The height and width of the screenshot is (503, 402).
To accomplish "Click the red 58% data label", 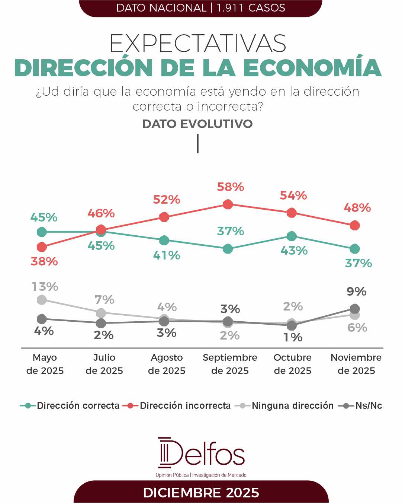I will click(231, 187).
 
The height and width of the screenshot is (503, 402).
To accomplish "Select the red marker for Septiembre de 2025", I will click(228, 204).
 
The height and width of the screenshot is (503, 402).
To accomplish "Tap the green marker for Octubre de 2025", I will click(292, 236).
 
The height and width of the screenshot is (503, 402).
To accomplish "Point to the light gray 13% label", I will click(45, 287).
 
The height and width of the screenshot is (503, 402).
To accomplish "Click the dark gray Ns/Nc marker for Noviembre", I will click(355, 309).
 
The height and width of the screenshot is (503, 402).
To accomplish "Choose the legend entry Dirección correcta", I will click(70, 405).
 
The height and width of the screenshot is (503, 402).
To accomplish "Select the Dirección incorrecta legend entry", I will click(177, 405).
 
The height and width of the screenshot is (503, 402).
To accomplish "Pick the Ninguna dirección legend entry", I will click(284, 405).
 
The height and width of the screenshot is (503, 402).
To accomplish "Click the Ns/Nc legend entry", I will click(360, 405).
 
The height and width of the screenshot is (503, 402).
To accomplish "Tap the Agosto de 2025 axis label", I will click(167, 364).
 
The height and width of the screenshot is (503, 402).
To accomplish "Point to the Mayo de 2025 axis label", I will click(45, 364).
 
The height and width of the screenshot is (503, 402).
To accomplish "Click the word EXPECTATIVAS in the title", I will click(198, 44).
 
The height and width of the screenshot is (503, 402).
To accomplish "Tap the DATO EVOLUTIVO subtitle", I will click(197, 124).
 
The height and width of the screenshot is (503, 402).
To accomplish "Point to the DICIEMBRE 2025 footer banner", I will click(201, 493).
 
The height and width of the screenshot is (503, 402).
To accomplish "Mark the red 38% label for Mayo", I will click(44, 261).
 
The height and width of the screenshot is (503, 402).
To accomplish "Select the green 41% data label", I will click(167, 255).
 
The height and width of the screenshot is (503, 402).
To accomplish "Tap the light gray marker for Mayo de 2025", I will click(42, 300).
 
